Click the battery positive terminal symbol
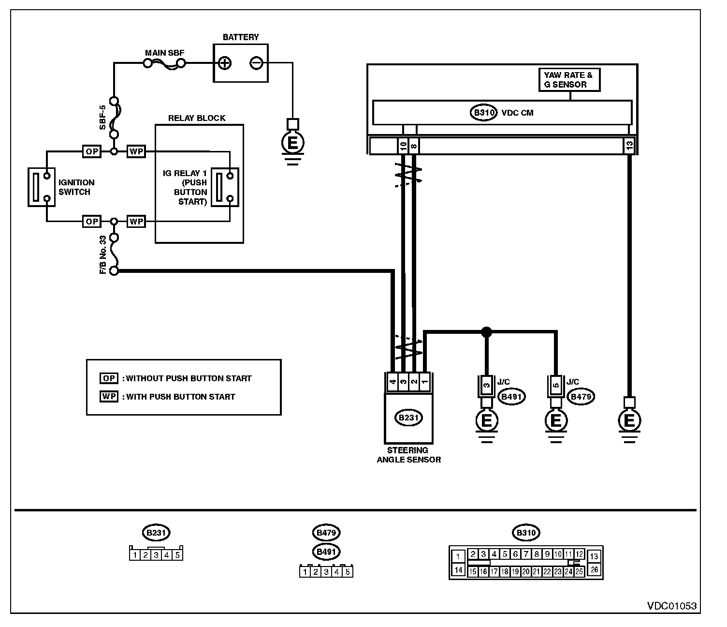[224, 63]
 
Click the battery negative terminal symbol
[256, 63]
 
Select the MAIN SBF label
[165, 53]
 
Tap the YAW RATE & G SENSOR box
[569, 80]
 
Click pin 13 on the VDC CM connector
[629, 146]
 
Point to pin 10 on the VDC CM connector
[403, 146]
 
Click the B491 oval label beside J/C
[511, 397]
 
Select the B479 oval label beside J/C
[581, 397]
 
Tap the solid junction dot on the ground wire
[486, 331]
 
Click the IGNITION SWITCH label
[76, 187]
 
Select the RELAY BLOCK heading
[197, 118]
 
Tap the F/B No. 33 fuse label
[102, 255]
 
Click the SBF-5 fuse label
[102, 118]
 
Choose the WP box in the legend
[109, 396]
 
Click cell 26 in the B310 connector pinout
[594, 569]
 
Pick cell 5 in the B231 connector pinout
[177, 555]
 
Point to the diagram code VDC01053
[672, 606]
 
